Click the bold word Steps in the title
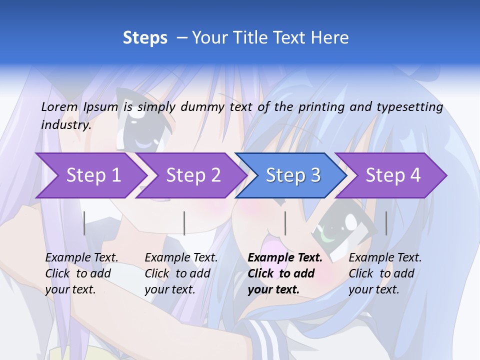tap(145, 38)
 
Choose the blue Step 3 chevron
tap(293, 175)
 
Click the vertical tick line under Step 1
tap(84, 223)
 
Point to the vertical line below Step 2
tap(184, 223)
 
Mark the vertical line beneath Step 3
tap(285, 223)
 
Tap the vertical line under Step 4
tap(386, 223)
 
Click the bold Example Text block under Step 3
tap(285, 273)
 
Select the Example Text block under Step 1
tap(81, 273)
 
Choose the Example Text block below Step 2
tap(181, 273)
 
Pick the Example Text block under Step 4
tap(385, 273)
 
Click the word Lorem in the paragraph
tap(59, 106)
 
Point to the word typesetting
tap(409, 107)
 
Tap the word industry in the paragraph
tap(66, 125)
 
